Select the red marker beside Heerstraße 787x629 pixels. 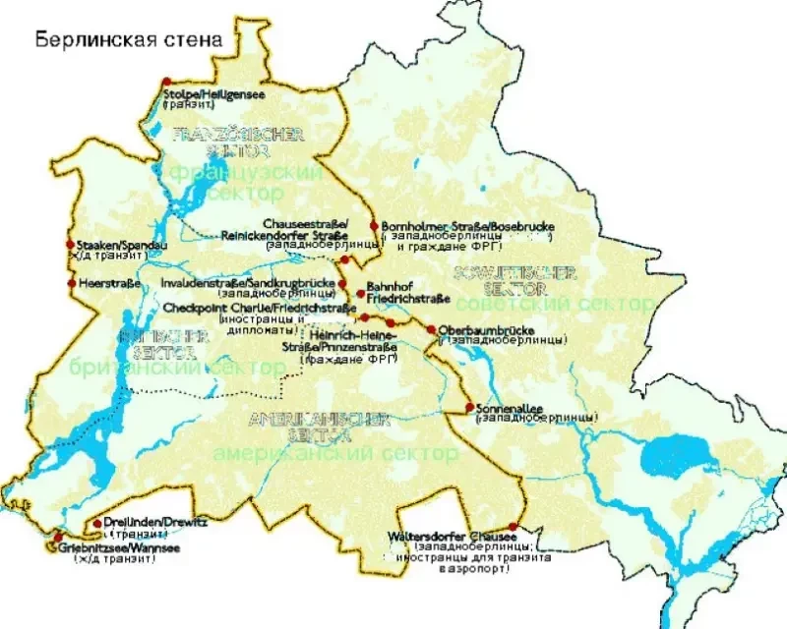pyautogui.click(x=71, y=283)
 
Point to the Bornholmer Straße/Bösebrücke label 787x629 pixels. pyautogui.click(x=467, y=227)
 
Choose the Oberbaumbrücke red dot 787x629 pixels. pyautogui.click(x=431, y=328)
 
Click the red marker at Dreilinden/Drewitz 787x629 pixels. pyautogui.click(x=97, y=523)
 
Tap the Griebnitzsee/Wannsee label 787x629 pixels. pyautogui.click(x=108, y=547)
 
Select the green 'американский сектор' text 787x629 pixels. pyautogui.click(x=334, y=453)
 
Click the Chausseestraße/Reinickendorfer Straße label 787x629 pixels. pyautogui.click(x=305, y=229)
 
